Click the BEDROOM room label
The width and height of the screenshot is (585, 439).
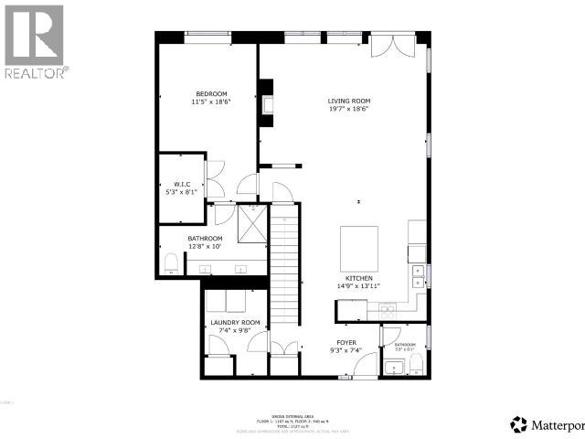(211, 93)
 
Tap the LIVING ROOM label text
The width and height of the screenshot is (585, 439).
(349, 101)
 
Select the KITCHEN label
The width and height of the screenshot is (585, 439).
(357, 277)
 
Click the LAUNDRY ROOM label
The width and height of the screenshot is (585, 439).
(235, 323)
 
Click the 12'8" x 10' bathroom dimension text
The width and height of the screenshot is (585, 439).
(206, 246)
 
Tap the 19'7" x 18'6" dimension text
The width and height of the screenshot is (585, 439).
(349, 109)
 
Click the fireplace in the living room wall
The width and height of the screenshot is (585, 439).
(266, 103)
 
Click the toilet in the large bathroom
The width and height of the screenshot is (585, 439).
(171, 263)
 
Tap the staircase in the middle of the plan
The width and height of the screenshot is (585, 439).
(286, 265)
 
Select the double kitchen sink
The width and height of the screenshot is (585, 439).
(417, 273)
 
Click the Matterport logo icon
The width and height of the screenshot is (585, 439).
(519, 424)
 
